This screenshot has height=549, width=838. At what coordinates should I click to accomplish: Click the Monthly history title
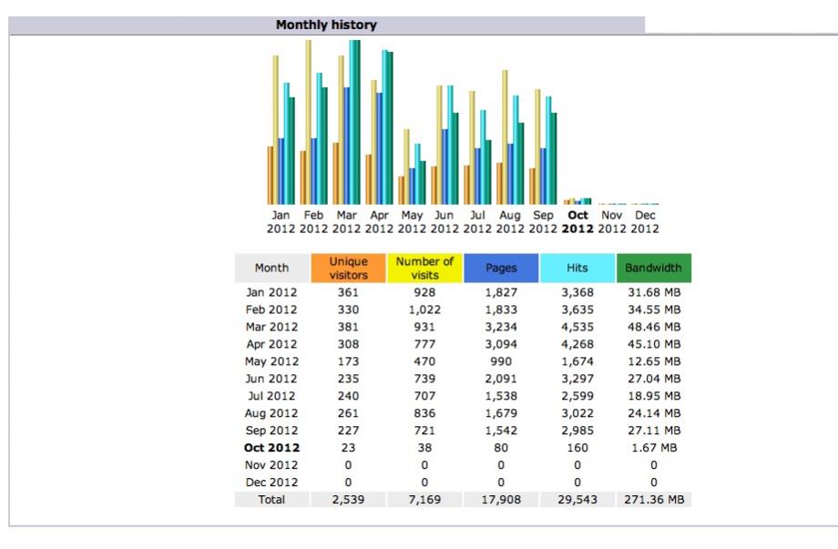point(326,25)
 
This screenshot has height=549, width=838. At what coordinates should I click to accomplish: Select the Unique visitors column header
point(348,268)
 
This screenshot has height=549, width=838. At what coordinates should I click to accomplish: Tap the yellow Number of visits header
point(424,268)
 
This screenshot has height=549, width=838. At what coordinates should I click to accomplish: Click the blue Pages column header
point(501,268)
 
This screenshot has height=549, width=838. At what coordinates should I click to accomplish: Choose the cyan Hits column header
point(577,268)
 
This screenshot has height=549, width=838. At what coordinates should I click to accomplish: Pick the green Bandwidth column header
point(654,268)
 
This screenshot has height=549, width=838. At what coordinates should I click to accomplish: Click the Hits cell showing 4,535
point(577,327)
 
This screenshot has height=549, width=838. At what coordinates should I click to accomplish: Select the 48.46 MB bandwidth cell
point(654,327)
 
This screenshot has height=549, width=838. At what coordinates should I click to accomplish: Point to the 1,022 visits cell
point(424,310)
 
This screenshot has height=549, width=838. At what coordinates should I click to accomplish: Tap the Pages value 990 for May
point(501,361)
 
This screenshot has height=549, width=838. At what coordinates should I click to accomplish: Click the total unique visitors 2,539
point(348,500)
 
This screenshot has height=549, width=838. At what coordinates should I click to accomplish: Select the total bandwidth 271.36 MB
point(654,500)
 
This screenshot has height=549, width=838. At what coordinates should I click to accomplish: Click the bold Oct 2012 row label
point(271,448)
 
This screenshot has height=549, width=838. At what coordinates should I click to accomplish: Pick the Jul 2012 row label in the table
point(271,396)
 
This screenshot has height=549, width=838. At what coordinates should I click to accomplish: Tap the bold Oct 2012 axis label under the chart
point(577,221)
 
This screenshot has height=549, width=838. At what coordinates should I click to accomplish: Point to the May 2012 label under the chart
point(412,221)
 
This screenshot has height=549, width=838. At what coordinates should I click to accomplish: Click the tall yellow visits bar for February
point(309,122)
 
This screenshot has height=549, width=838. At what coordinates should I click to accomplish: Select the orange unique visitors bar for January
point(271,176)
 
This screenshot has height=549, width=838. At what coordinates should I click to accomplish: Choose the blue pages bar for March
point(346,146)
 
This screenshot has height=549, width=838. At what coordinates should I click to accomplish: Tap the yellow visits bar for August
point(505,137)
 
